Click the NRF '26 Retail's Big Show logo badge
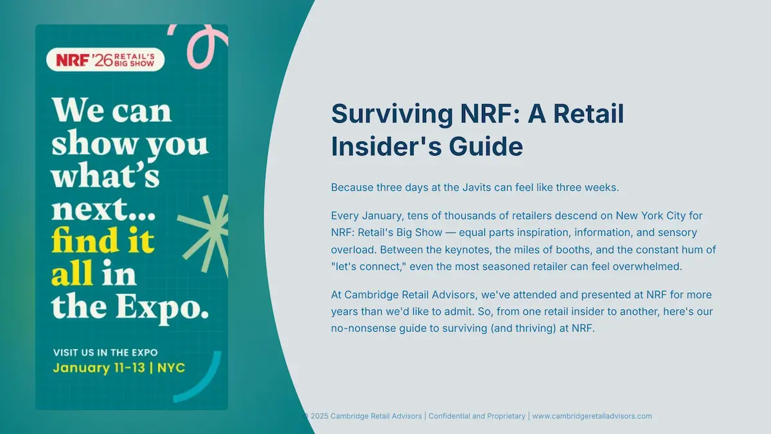pyautogui.click(x=105, y=60)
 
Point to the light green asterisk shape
pyautogui.click(x=205, y=232)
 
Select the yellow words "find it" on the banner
pyautogui.click(x=103, y=241)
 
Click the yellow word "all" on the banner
pyautogui.click(x=72, y=275)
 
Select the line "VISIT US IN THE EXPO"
pyautogui.click(x=105, y=352)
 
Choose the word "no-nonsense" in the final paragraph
pyautogui.click(x=361, y=329)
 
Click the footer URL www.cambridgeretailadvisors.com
pyautogui.click(x=592, y=416)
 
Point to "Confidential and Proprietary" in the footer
pyautogui.click(x=477, y=416)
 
